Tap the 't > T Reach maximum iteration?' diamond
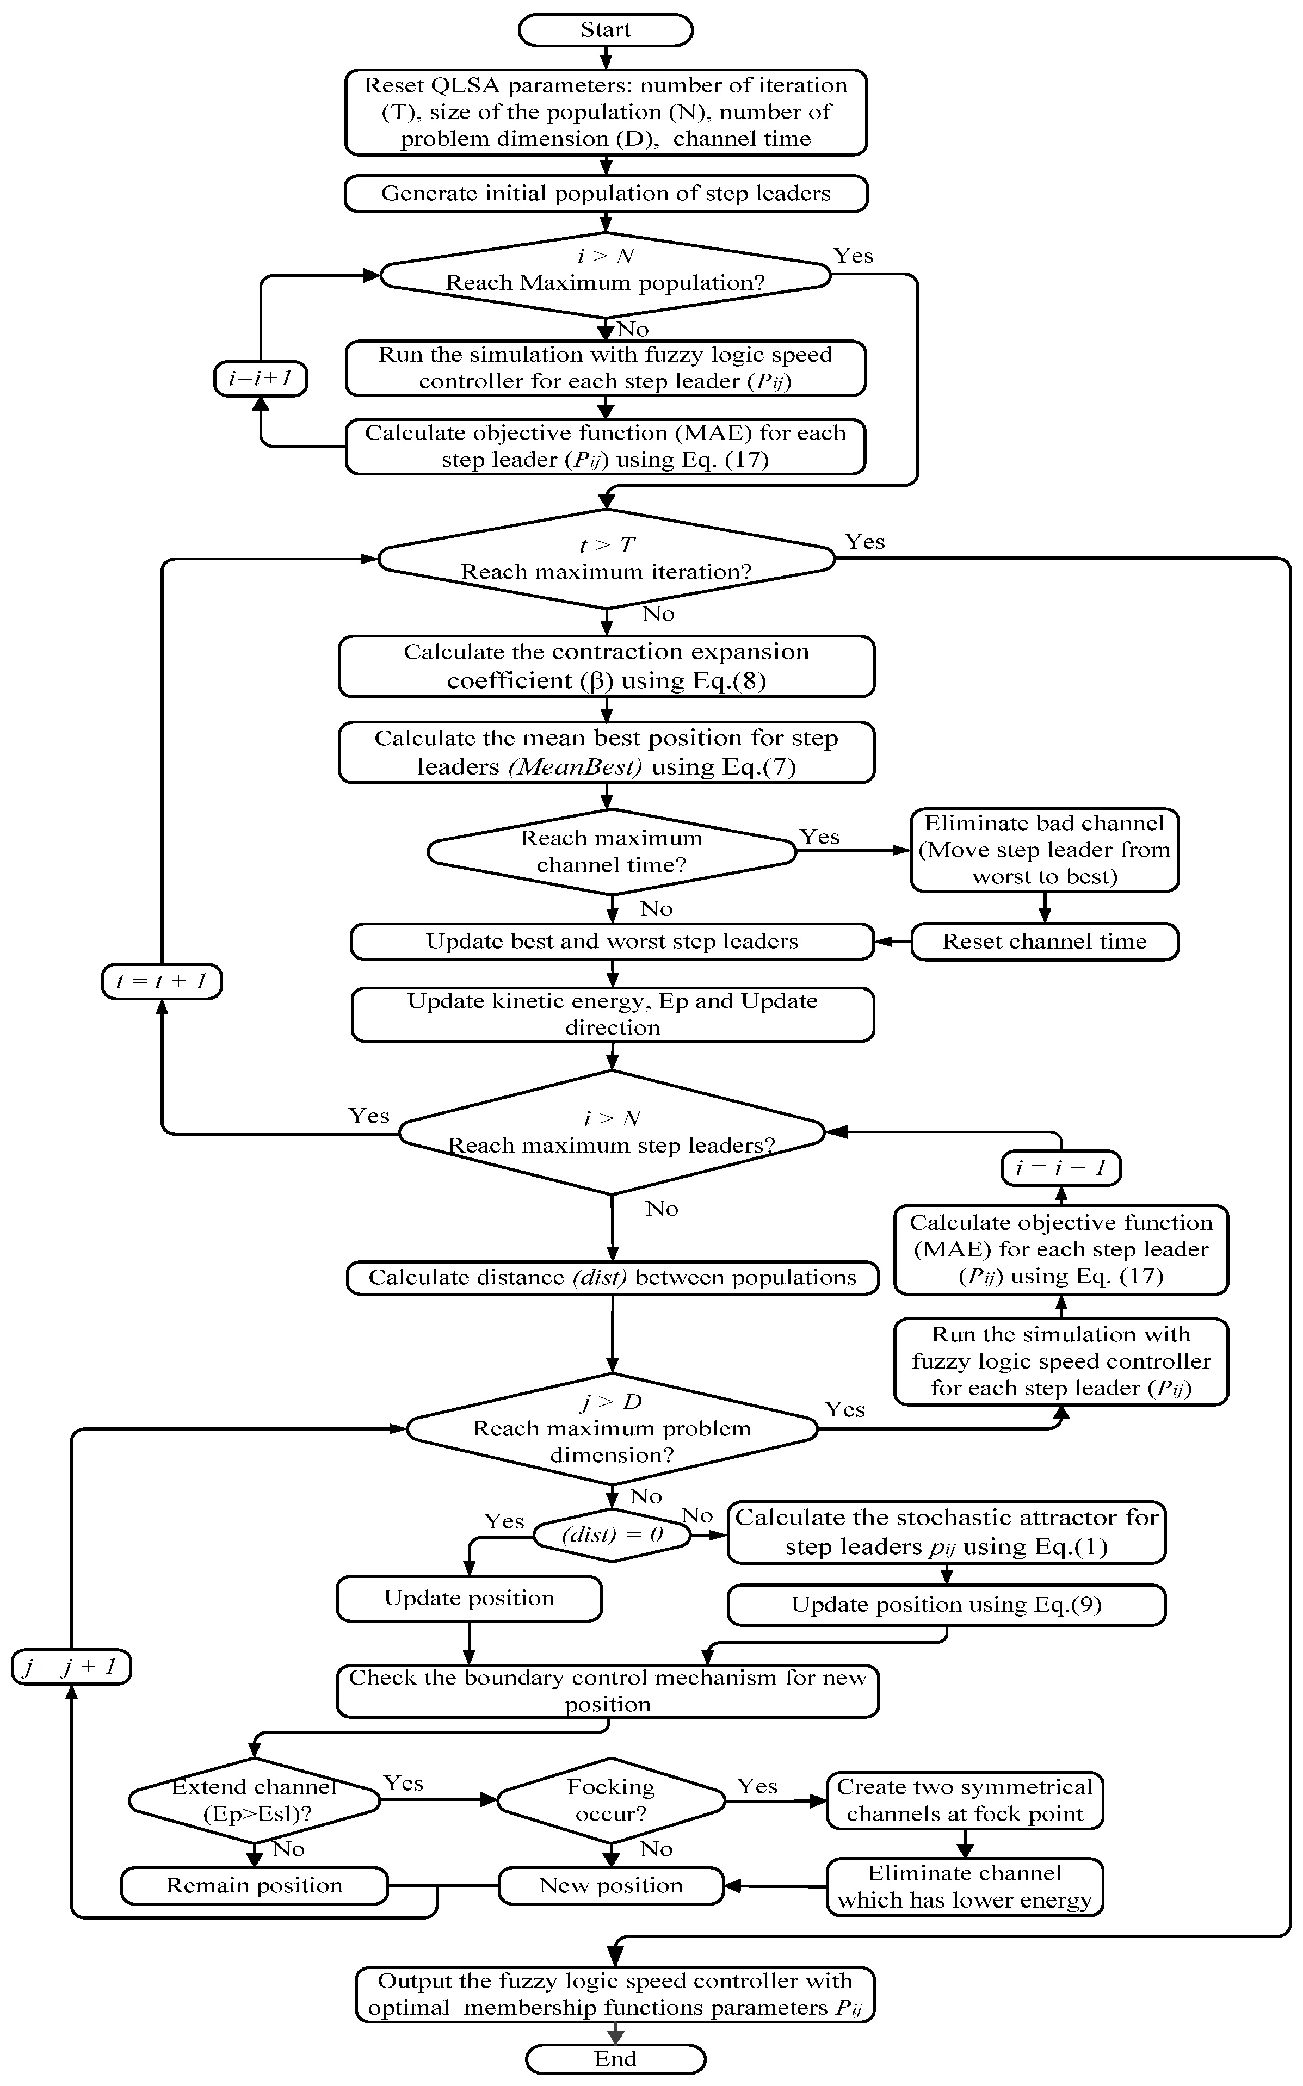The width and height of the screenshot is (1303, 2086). tap(606, 558)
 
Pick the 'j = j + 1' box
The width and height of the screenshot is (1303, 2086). tap(71, 1667)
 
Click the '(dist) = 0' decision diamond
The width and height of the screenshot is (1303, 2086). tap(612, 1534)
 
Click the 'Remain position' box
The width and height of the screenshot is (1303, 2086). tap(254, 1885)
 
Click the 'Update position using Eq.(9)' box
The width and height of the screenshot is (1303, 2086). tap(946, 1605)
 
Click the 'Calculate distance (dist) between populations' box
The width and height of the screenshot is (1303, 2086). tap(612, 1277)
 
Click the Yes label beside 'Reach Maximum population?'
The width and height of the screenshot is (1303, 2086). tap(853, 256)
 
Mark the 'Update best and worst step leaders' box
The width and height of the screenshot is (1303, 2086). tap(612, 941)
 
